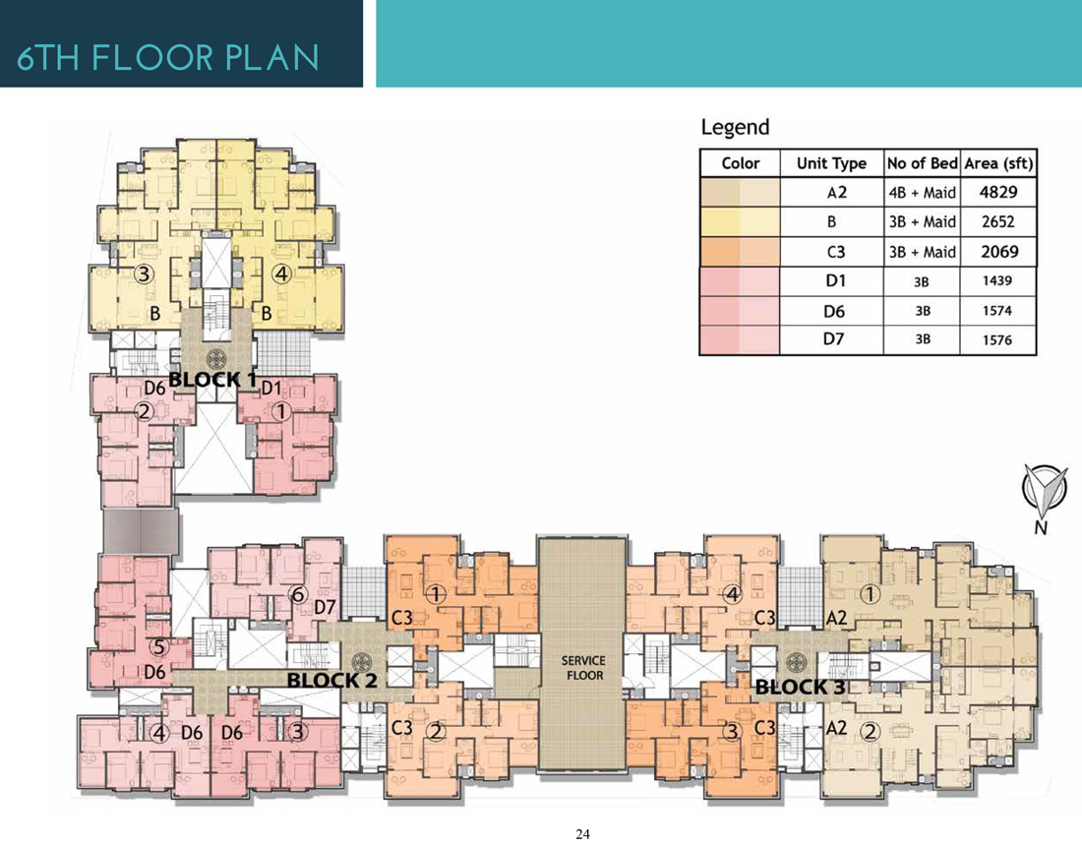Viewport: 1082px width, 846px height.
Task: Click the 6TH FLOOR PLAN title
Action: [x=167, y=57]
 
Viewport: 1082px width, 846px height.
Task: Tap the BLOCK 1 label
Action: [x=212, y=379]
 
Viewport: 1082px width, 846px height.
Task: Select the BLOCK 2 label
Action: [x=331, y=681]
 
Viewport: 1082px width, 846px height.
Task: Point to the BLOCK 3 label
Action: [x=800, y=688]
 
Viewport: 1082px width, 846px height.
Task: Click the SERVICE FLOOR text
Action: [x=583, y=668]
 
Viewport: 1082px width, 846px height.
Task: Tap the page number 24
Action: [x=582, y=834]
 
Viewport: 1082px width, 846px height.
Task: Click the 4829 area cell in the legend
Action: [x=997, y=192]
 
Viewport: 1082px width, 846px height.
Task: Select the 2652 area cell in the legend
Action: [x=997, y=221]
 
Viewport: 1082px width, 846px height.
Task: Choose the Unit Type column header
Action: [x=831, y=163]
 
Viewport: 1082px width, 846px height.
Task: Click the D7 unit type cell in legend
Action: [x=833, y=338]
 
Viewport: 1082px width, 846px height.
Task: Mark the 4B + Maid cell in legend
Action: [x=922, y=193]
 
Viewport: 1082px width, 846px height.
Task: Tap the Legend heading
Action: [x=735, y=127]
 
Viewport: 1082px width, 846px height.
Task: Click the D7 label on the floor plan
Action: [x=325, y=607]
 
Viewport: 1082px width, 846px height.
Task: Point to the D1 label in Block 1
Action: [x=271, y=389]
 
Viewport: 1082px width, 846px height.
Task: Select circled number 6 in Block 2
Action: [x=298, y=594]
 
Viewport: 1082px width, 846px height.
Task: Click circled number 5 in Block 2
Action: [x=159, y=647]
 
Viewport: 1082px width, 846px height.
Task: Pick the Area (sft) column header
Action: [x=998, y=163]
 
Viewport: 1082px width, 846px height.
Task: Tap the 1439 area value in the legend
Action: [x=997, y=280]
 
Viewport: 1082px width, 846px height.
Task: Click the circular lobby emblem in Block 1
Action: [x=216, y=358]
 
